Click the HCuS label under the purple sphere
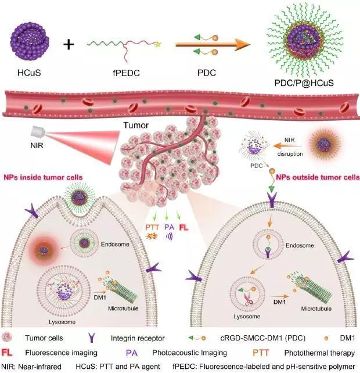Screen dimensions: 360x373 pyautogui.click(x=29, y=73)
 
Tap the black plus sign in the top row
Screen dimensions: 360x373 pyautogui.click(x=69, y=45)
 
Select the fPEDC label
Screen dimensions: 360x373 pyautogui.click(x=126, y=73)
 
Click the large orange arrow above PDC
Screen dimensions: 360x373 pyautogui.click(x=213, y=45)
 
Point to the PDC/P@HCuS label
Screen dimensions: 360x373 pyautogui.click(x=304, y=83)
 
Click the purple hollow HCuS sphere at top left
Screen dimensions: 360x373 pyautogui.click(x=30, y=41)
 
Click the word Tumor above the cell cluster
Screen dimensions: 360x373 pyautogui.click(x=136, y=125)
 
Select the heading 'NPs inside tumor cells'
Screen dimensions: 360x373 pyautogui.click(x=43, y=177)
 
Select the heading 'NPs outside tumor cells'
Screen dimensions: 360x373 pyautogui.click(x=318, y=177)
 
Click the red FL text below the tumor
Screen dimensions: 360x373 pyautogui.click(x=183, y=228)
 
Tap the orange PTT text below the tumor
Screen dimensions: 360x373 pyautogui.click(x=152, y=227)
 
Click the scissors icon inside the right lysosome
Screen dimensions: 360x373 pyautogui.click(x=249, y=299)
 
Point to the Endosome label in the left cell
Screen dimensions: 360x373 pyautogui.click(x=115, y=244)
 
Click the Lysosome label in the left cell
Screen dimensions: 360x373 pyautogui.click(x=62, y=322)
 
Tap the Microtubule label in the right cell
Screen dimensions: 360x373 pyautogui.click(x=316, y=309)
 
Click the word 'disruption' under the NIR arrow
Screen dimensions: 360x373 pyautogui.click(x=290, y=153)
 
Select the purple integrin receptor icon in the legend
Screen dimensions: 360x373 pyautogui.click(x=92, y=338)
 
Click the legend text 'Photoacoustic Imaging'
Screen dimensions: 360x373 pyautogui.click(x=189, y=353)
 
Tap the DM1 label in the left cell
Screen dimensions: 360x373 pyautogui.click(x=100, y=297)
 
